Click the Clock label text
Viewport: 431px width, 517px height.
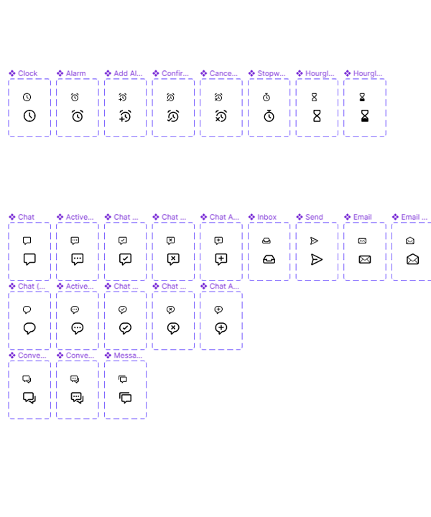[28, 73]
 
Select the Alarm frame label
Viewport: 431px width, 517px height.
[75, 73]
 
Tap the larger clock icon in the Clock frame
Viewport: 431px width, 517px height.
[29, 116]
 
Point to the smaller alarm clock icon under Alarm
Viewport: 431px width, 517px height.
[75, 97]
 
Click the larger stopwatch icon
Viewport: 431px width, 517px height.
[269, 116]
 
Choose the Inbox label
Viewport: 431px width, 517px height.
[267, 217]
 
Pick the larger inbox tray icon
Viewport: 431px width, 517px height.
[269, 259]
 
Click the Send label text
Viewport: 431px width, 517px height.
[314, 217]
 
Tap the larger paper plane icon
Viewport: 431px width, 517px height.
[317, 259]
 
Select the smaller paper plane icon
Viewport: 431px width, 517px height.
[314, 241]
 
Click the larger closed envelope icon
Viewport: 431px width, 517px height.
[364, 259]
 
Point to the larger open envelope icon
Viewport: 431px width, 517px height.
[412, 259]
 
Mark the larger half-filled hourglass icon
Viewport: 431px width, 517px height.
[365, 116]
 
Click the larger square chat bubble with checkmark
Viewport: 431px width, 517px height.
[125, 259]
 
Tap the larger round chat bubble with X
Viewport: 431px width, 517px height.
[173, 328]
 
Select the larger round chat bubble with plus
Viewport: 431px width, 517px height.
[221, 328]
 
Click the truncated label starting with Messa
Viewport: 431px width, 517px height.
[128, 355]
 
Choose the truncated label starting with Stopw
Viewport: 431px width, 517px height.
[271, 73]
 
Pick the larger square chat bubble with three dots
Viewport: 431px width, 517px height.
[78, 259]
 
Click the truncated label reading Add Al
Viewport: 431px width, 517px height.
[128, 73]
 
